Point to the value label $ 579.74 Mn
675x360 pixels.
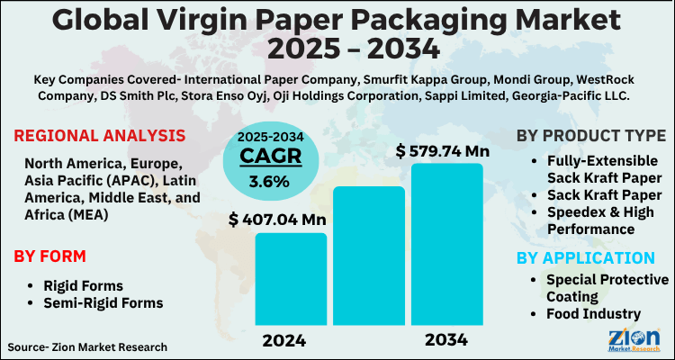pyautogui.click(x=445, y=150)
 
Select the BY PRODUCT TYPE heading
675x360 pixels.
pyautogui.click(x=591, y=136)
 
